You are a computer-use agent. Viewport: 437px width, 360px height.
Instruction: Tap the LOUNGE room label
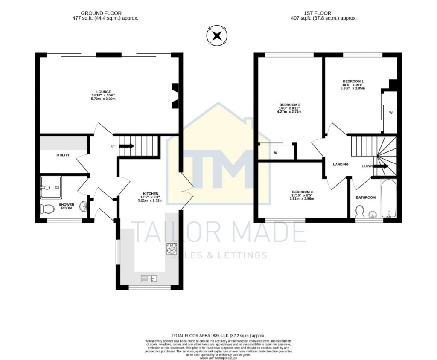pos(103,92)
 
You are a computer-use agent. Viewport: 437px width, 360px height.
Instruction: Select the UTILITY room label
pos(63,155)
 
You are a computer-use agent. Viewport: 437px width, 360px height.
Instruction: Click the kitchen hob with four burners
pos(172,248)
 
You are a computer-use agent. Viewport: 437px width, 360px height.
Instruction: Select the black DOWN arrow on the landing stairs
pos(381,166)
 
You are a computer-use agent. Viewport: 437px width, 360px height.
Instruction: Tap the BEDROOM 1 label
pos(353,81)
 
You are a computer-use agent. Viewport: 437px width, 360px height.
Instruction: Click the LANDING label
pos(341,165)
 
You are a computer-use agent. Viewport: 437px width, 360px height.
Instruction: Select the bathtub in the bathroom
pos(389,199)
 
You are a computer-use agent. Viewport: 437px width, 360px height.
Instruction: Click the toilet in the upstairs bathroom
pos(360,211)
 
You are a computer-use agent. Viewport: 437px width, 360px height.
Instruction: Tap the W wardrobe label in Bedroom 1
pos(390,113)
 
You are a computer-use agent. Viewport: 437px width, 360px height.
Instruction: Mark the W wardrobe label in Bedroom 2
pos(276,153)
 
